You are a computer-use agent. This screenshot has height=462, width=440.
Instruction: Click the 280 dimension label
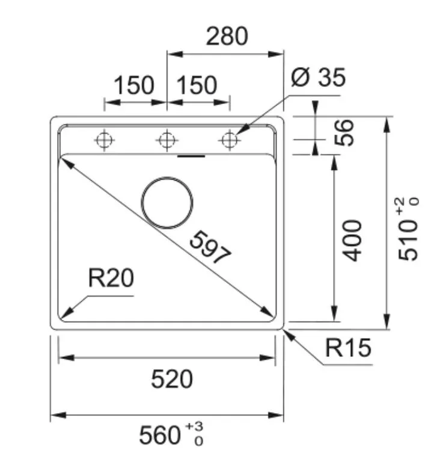pyautogui.click(x=227, y=36)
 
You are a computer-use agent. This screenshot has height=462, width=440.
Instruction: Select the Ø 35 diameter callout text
pyautogui.click(x=318, y=77)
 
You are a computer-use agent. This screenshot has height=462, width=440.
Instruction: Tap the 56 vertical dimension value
pyautogui.click(x=344, y=132)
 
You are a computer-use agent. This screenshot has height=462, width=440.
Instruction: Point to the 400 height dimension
pyautogui.click(x=352, y=241)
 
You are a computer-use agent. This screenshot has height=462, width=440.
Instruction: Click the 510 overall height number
pyautogui.click(x=408, y=241)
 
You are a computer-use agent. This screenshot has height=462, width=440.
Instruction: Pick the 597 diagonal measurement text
pyautogui.click(x=210, y=247)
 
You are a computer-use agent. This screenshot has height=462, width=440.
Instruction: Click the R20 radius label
pyautogui.click(x=111, y=278)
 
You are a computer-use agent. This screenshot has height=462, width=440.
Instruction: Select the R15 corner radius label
pyautogui.click(x=348, y=348)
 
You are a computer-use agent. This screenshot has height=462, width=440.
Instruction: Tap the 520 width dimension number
pyautogui.click(x=172, y=379)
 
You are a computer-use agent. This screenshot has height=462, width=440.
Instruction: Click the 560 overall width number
pyautogui.click(x=160, y=435)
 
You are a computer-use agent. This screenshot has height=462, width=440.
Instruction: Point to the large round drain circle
pyautogui.click(x=167, y=202)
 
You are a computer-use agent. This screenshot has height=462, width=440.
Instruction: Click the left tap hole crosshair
pyautogui.click(x=104, y=140)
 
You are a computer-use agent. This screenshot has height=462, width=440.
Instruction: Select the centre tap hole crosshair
pyautogui.click(x=167, y=140)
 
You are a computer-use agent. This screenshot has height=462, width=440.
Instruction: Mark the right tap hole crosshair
pyautogui.click(x=230, y=140)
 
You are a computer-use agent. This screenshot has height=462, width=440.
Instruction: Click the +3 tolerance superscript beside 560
pyautogui.click(x=194, y=427)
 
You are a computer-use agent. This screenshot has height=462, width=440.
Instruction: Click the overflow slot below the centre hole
pyautogui.click(x=191, y=156)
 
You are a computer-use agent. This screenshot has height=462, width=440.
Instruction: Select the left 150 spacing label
pyautogui.click(x=133, y=85)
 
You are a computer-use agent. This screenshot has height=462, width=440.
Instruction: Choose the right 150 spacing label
pyautogui.click(x=197, y=85)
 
